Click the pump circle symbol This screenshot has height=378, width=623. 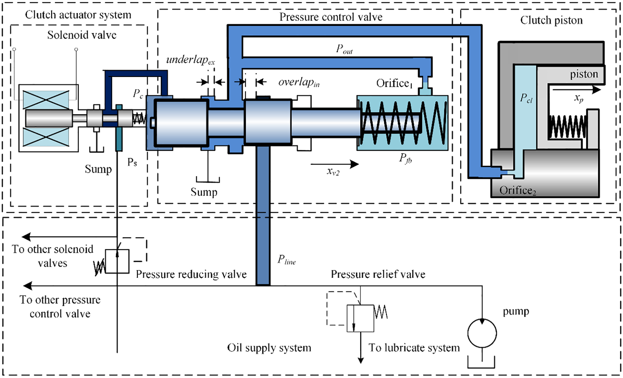[x=482, y=333]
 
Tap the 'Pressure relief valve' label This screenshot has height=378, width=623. [x=378, y=274]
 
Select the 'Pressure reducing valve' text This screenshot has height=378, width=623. [x=191, y=274]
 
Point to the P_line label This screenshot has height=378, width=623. [x=287, y=260]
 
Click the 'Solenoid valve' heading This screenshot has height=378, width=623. [x=82, y=35]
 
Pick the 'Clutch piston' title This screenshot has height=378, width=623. [x=551, y=20]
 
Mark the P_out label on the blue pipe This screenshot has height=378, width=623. [x=344, y=49]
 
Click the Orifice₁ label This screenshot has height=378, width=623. [x=394, y=83]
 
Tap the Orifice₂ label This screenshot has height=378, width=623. [x=518, y=190]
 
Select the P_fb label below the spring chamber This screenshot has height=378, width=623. [x=406, y=158]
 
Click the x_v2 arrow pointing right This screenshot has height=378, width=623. [x=335, y=164]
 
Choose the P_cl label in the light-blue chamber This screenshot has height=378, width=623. [x=526, y=98]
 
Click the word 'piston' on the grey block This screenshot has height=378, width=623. [x=584, y=74]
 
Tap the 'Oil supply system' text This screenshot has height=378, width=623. [x=269, y=348]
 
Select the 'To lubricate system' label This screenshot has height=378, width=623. [x=414, y=348]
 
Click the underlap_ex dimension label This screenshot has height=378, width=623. [x=191, y=60]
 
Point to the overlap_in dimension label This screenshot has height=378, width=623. [x=299, y=82]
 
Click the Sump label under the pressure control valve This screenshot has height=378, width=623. [x=204, y=192]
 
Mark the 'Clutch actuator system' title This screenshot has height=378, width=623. [x=78, y=15]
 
